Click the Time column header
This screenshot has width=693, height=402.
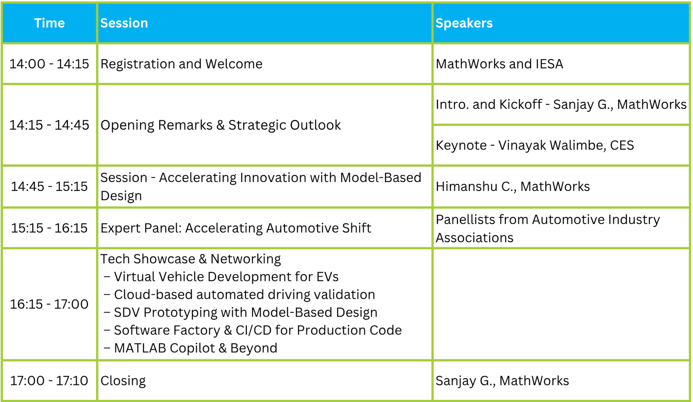(49, 23)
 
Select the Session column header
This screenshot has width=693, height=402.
(124, 23)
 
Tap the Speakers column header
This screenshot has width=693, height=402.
(464, 23)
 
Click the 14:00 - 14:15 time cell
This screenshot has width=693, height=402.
(49, 64)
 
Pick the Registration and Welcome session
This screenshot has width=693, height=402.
(181, 64)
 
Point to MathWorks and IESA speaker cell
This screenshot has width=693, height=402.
(499, 64)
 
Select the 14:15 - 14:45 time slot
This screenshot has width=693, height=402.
(49, 125)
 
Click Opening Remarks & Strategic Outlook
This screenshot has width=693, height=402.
(221, 125)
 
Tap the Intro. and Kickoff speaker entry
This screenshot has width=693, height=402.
(561, 104)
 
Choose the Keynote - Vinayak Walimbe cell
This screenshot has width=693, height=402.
(535, 145)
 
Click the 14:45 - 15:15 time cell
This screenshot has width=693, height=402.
(49, 186)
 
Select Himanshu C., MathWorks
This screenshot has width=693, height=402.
(513, 186)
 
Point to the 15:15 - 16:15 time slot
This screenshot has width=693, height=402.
(49, 228)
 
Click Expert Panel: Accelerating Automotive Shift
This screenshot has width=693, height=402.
(236, 228)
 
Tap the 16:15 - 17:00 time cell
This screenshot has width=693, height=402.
(49, 304)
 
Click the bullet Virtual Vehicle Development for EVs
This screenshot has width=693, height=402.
(221, 277)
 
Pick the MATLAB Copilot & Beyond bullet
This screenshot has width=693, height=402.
(191, 348)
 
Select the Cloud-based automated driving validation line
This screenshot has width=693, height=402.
(240, 295)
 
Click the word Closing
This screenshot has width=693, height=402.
(123, 381)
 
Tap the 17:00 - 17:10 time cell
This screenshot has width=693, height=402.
(49, 380)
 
